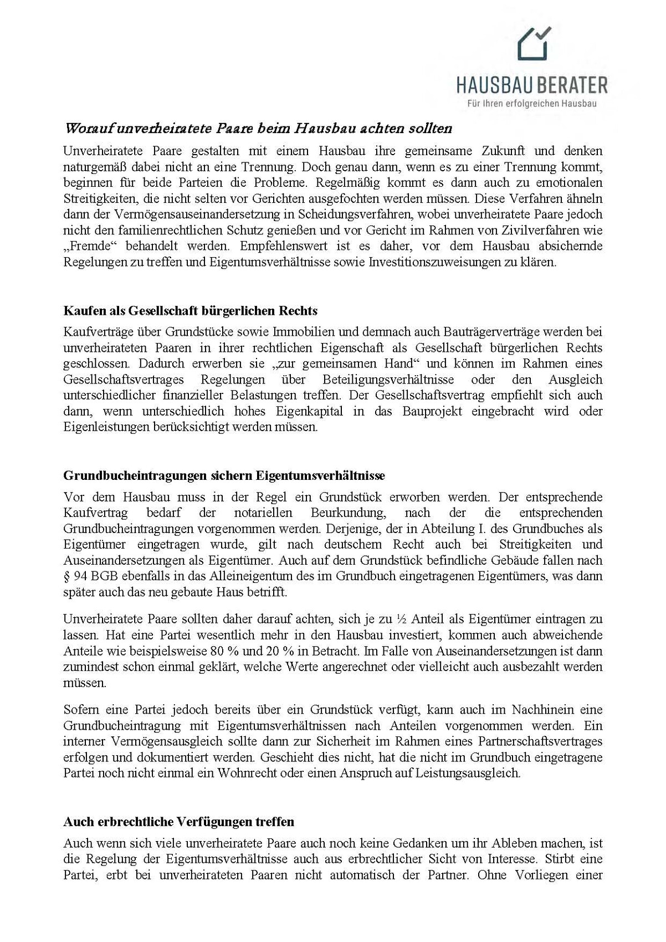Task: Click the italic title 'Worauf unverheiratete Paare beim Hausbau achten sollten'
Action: pyautogui.click(x=258, y=129)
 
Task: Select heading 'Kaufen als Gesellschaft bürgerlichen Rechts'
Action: pyautogui.click(x=191, y=310)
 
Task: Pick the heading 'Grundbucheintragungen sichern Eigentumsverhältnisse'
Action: pyautogui.click(x=224, y=476)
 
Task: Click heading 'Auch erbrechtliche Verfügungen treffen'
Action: pyautogui.click(x=179, y=821)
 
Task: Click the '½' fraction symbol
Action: pyautogui.click(x=402, y=620)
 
